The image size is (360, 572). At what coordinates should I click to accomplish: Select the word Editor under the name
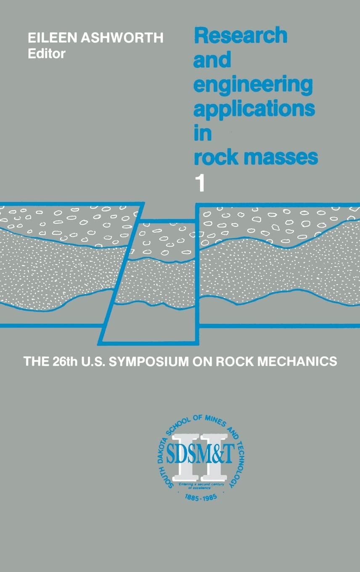47,54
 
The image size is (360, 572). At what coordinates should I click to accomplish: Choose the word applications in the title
254,110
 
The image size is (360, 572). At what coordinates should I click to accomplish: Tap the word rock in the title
212,158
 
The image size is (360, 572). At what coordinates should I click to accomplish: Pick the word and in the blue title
212,61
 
